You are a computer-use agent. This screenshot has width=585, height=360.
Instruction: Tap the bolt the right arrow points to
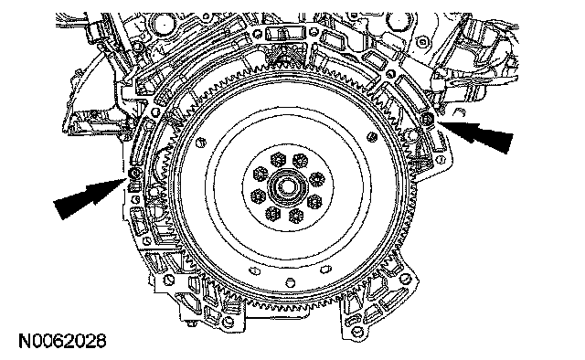click(x=427, y=119)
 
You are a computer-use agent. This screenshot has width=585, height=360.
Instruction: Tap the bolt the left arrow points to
click(x=134, y=173)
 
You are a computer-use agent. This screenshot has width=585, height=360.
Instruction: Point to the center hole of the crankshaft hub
click(x=286, y=186)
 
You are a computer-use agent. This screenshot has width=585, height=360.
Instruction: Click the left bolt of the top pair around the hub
click(x=278, y=160)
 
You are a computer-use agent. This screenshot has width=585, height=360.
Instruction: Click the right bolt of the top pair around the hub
click(x=300, y=161)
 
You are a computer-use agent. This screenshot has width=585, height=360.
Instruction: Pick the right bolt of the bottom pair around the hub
click(x=296, y=216)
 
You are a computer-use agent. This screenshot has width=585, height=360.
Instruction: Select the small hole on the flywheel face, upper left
click(x=201, y=143)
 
